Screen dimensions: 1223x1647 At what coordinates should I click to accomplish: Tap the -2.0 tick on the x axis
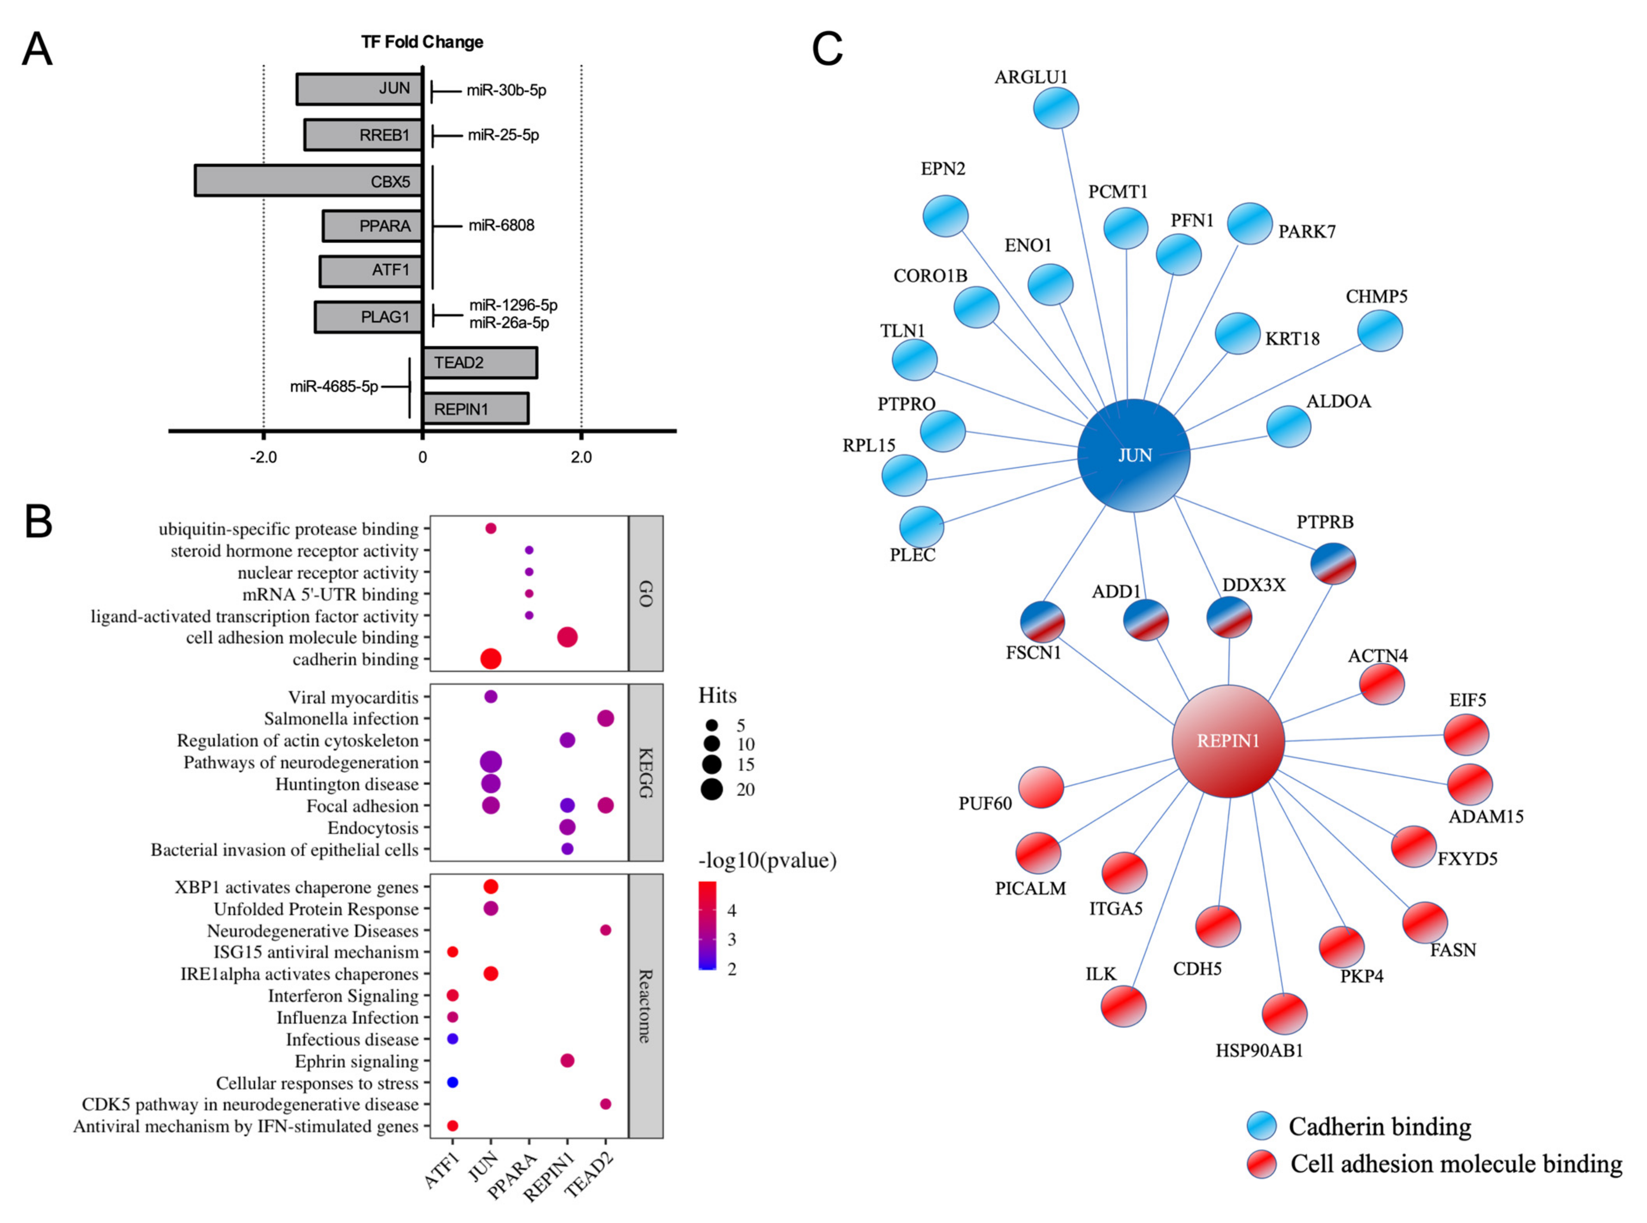263,457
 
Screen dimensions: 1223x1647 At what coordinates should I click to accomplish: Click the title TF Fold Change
422,42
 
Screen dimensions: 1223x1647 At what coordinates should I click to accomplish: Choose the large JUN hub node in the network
1133,455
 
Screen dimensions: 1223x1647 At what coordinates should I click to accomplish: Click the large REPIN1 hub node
1228,740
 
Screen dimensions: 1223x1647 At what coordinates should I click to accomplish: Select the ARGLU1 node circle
1055,108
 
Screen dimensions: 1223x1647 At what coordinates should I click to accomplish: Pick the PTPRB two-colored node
1333,563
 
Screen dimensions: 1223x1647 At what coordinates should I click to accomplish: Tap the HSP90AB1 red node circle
1284,1013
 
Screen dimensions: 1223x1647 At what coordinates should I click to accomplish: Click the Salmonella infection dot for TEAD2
605,718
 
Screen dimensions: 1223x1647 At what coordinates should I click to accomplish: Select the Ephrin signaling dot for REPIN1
567,1061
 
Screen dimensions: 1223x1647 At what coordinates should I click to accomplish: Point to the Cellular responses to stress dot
453,1082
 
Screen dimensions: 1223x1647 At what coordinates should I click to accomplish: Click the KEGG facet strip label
645,772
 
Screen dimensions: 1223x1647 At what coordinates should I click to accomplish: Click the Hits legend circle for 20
712,789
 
